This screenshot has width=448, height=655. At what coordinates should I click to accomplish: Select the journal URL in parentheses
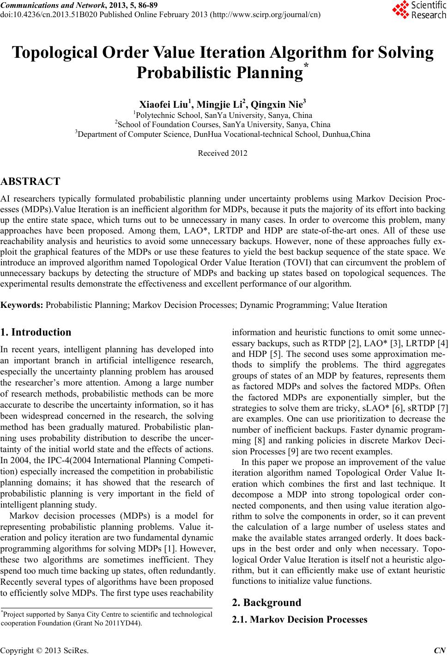click(265, 14)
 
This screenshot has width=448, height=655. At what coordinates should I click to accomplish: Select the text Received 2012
click(222, 153)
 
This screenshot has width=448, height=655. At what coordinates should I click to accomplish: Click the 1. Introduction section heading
click(36, 332)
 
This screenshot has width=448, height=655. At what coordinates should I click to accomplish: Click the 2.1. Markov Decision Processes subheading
click(299, 619)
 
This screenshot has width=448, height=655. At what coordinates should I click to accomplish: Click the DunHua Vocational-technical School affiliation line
click(222, 134)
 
